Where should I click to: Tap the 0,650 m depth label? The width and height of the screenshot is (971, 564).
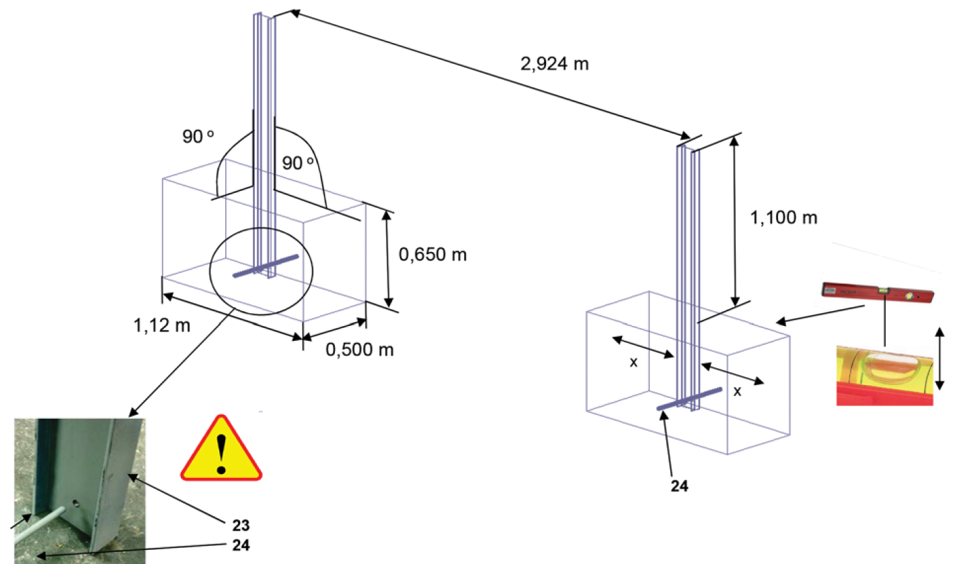(432, 255)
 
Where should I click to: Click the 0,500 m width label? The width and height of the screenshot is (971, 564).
(359, 350)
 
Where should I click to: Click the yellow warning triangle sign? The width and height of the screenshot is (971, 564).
(221, 449)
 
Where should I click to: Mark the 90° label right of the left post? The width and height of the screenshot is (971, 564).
(298, 163)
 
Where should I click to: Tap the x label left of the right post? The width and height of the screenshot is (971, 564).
(633, 362)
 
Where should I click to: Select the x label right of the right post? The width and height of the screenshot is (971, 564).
(737, 391)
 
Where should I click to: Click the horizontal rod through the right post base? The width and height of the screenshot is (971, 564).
(689, 399)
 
